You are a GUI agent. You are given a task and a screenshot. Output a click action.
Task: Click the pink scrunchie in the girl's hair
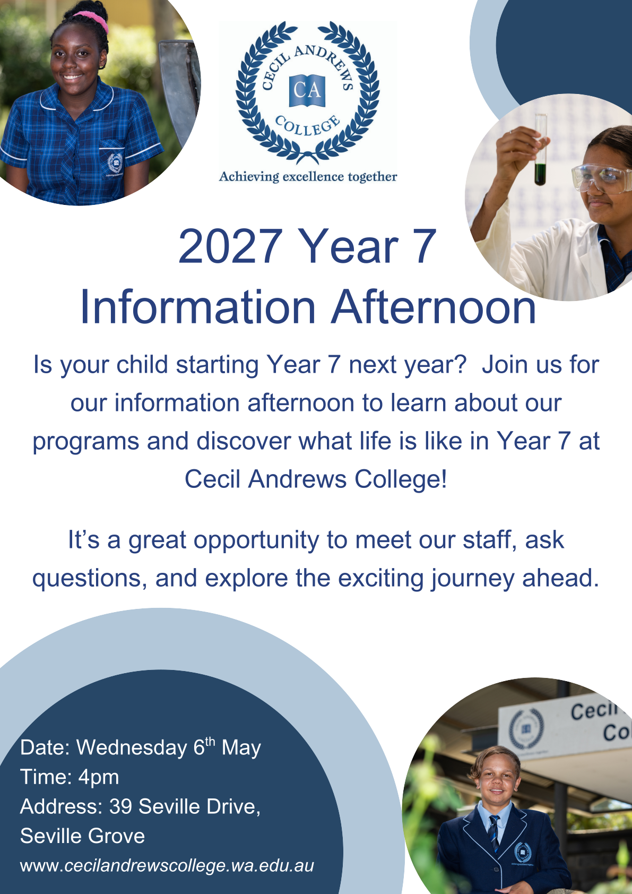[92, 20]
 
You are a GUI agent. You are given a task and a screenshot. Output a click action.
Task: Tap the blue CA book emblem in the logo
[307, 90]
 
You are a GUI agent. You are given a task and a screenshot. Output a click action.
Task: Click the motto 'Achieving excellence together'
[308, 176]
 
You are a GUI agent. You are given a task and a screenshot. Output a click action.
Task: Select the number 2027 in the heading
[230, 246]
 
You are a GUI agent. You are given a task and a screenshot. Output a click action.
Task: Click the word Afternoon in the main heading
[434, 307]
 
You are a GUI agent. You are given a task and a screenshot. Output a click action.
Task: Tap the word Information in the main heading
[198, 307]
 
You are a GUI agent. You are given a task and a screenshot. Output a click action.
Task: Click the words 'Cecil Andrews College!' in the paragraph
[316, 479]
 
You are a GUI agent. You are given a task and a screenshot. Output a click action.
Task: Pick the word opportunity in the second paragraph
[256, 540]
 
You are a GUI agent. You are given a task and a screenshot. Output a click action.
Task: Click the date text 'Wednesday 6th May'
[168, 747]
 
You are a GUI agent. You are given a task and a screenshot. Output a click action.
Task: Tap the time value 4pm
[99, 777]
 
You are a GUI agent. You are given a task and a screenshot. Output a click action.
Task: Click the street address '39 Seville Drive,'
[184, 806]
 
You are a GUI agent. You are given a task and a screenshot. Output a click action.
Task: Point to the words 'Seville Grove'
[82, 836]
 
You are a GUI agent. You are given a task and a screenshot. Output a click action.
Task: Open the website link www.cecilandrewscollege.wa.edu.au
[167, 866]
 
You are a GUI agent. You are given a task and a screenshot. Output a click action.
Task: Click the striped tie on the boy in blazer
[494, 833]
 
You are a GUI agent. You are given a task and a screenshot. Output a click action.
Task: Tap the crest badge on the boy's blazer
[522, 853]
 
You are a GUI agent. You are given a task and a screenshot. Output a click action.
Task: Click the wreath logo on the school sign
[526, 729]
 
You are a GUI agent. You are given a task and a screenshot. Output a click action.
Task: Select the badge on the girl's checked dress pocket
[115, 163]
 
